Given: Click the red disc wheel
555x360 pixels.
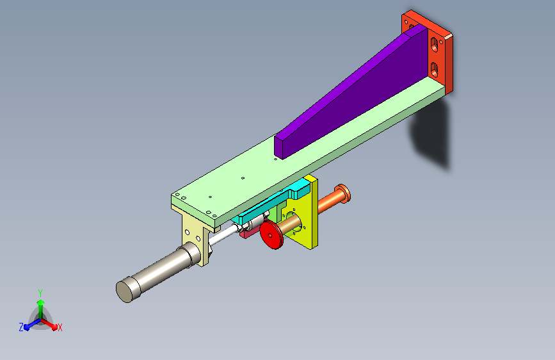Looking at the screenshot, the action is (271, 234).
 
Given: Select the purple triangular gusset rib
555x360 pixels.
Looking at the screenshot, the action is (350, 93).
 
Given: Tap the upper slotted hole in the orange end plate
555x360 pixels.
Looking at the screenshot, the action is (434, 45).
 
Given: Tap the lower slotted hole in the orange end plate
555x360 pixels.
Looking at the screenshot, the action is (434, 69).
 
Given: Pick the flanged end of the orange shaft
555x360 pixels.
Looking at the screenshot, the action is (342, 194).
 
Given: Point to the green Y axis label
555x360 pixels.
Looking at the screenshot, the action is (40, 293).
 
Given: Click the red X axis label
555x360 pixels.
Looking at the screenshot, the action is (60, 327).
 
